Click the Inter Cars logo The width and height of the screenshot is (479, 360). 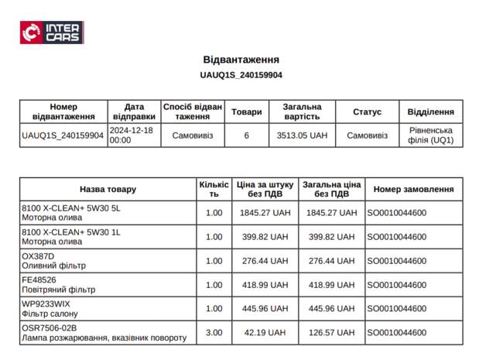[52, 33]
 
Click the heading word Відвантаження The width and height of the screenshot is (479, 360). [241, 60]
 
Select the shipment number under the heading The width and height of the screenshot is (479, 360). [241, 75]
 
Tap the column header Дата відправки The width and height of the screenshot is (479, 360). [133, 111]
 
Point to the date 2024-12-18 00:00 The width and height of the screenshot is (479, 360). [132, 135]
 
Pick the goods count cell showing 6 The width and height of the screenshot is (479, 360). [246, 135]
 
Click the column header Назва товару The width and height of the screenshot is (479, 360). [108, 189]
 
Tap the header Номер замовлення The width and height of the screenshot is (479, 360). [413, 189]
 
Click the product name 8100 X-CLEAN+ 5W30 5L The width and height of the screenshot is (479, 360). [71, 208]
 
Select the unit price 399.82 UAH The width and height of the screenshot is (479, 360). [265, 237]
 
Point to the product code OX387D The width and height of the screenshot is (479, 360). [38, 256]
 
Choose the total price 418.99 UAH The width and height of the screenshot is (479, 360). [332, 285]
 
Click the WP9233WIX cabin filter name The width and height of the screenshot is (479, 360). [46, 304]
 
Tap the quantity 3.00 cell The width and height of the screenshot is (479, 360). [214, 333]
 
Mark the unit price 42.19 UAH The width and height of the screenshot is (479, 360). [265, 333]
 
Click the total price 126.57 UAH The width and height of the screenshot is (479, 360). [332, 333]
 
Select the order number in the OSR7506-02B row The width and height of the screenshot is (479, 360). [396, 333]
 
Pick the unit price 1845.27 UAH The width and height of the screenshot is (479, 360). [265, 213]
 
